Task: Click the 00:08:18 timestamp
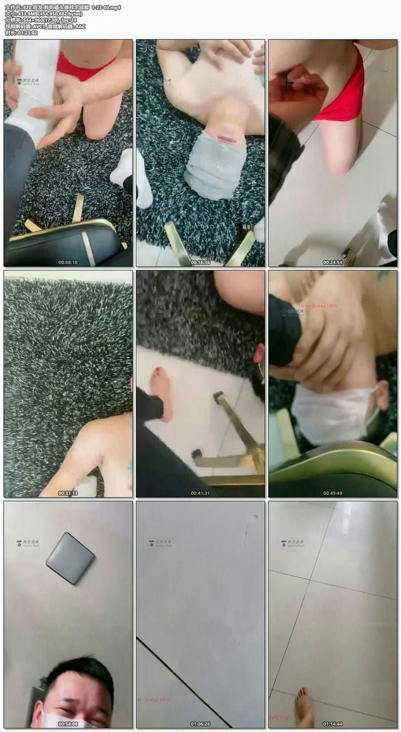coord(68,263)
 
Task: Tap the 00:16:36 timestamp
coord(200,263)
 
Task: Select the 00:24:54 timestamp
coord(332,263)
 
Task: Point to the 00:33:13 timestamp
coord(68,493)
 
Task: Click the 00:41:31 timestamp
coord(200,493)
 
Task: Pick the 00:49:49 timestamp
coord(332,493)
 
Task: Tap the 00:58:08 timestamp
coord(68,723)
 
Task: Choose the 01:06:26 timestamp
coord(200,723)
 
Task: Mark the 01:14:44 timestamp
coord(332,723)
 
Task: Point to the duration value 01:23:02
coord(26,33)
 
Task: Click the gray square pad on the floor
coord(70,557)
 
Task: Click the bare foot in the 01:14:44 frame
coord(304,707)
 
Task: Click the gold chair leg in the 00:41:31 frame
coord(237,424)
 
